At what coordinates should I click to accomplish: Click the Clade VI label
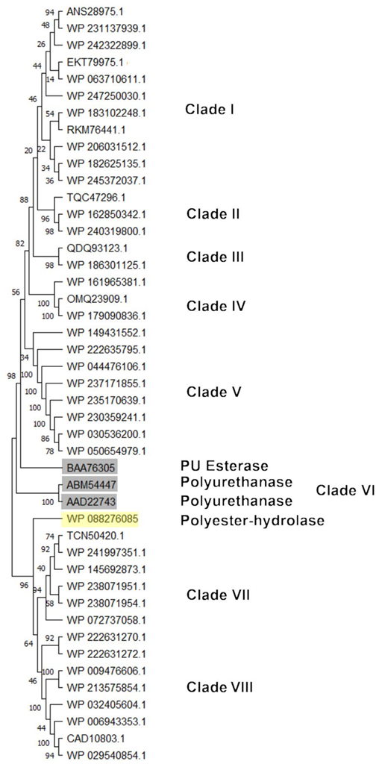pos(345,490)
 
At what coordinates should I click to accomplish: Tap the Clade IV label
pos(216,306)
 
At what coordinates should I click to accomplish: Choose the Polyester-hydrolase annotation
pos(252,520)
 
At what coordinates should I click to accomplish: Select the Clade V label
pos(213,392)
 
